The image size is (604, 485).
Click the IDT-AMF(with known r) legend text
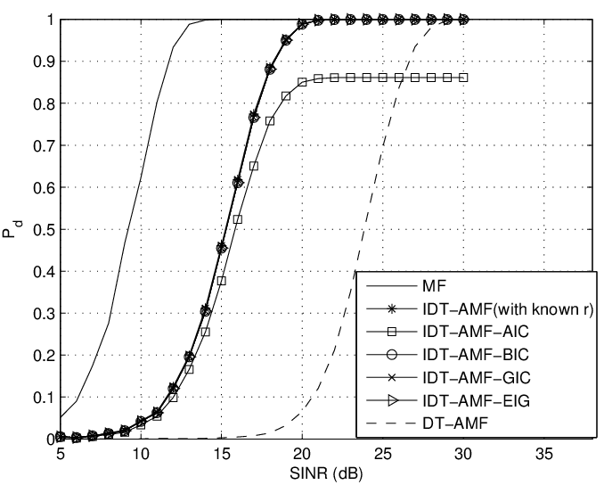497,309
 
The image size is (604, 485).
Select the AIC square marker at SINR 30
463,78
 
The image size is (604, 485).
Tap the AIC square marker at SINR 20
302,82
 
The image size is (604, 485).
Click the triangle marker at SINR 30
463,20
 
